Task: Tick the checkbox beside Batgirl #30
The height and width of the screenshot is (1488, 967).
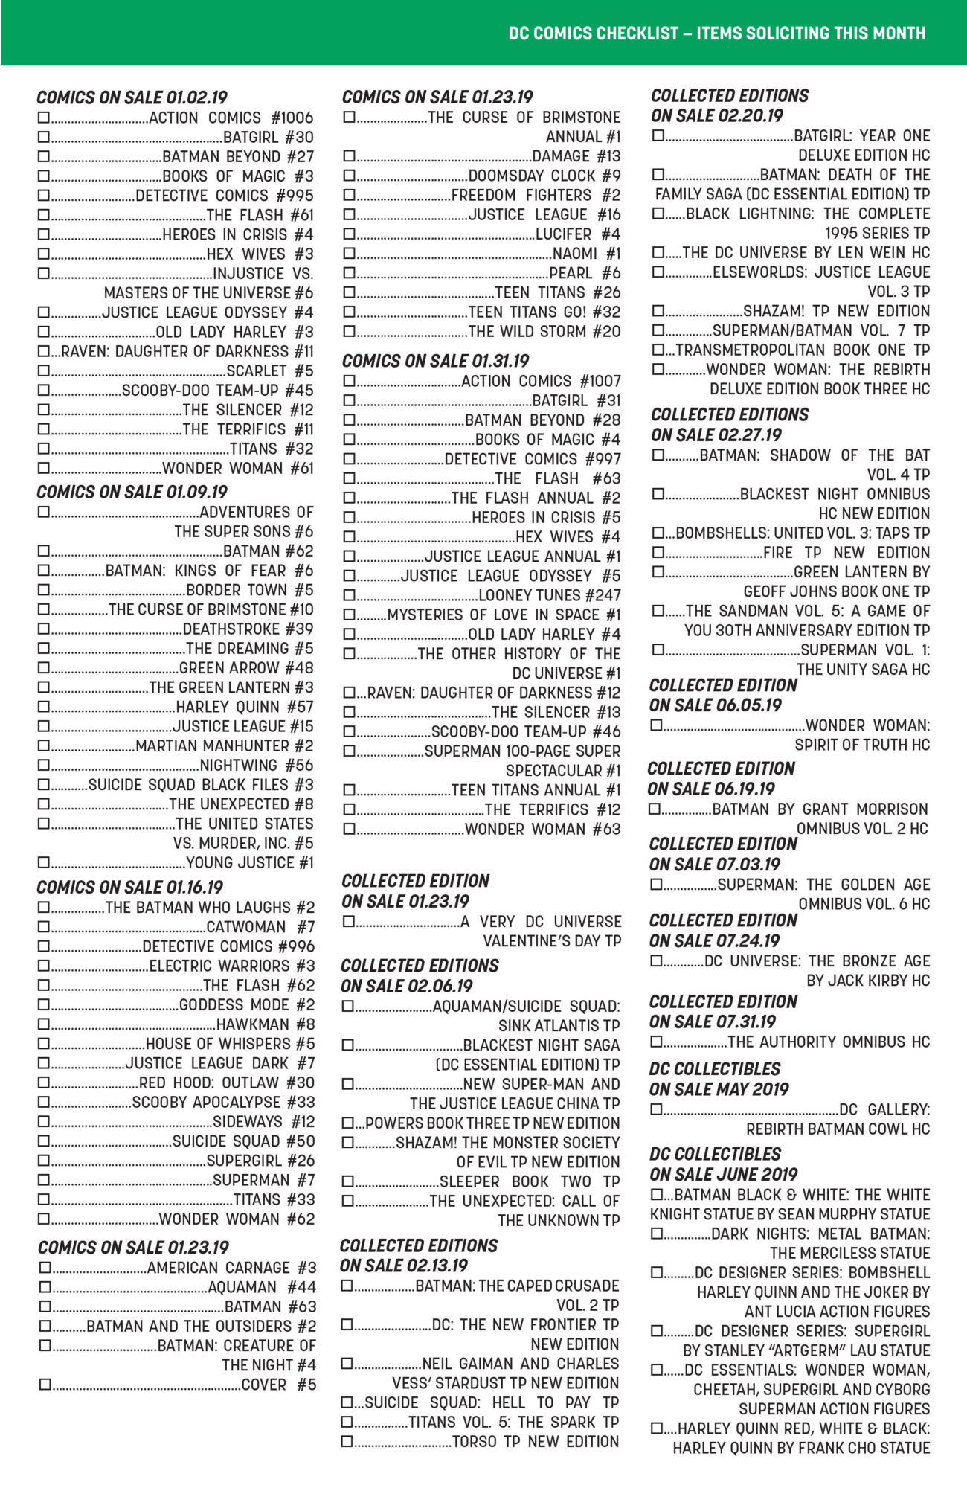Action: pyautogui.click(x=44, y=137)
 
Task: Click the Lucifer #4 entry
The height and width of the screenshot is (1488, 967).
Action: pyautogui.click(x=578, y=234)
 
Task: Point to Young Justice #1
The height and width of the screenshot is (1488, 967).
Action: pyautogui.click(x=250, y=863)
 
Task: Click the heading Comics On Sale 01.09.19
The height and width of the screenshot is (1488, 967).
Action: pyautogui.click(x=132, y=493)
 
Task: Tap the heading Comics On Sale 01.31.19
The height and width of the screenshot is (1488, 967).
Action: pyautogui.click(x=435, y=362)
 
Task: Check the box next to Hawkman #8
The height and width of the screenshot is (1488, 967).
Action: pyautogui.click(x=44, y=1024)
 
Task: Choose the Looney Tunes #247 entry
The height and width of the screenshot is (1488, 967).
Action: pyautogui.click(x=549, y=596)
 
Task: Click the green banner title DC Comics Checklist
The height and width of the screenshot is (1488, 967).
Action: pyautogui.click(x=717, y=33)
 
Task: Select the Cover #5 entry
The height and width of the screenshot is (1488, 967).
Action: pyautogui.click(x=279, y=1385)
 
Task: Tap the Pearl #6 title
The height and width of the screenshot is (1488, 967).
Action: pyautogui.click(x=585, y=273)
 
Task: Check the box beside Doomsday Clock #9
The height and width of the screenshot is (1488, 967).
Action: pyautogui.click(x=349, y=176)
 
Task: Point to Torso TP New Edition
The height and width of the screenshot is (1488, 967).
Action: pyautogui.click(x=535, y=1442)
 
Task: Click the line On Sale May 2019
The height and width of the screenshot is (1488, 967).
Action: pyautogui.click(x=719, y=1090)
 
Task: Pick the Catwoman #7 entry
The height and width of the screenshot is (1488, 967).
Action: pyautogui.click(x=260, y=927)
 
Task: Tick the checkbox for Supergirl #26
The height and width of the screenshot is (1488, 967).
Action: pyautogui.click(x=44, y=1161)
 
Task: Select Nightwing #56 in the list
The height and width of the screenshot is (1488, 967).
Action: pyautogui.click(x=257, y=766)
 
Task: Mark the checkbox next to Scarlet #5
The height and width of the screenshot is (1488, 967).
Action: pyautogui.click(x=44, y=371)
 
